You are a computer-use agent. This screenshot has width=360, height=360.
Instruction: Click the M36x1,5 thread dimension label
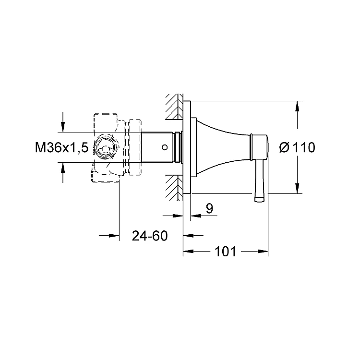61,147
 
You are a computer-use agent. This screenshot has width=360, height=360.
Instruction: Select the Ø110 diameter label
297,147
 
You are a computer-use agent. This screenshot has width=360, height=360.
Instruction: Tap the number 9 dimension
209,208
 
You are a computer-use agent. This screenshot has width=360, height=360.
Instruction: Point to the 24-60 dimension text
150,236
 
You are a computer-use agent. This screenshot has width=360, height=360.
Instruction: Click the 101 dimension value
225,252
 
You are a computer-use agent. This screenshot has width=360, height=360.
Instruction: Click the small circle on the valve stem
165,147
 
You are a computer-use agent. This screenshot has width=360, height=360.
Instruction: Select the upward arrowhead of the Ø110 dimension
297,106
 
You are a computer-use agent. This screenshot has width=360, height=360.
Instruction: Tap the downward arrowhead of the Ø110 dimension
297,188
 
